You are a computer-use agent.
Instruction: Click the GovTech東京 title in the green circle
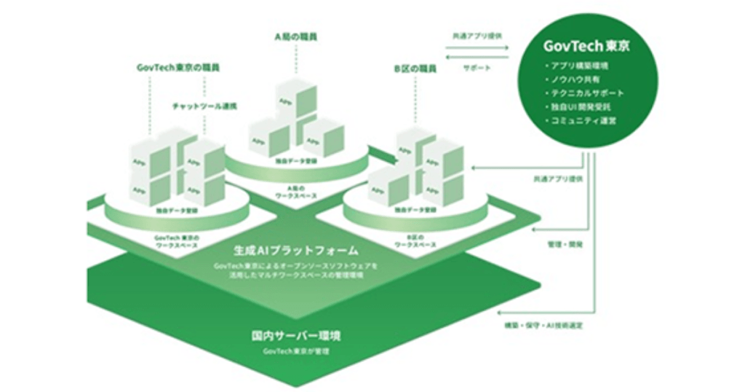pos(586,46)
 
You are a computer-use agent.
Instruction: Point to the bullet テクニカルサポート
pos(586,93)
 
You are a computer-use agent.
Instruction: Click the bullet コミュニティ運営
pos(583,120)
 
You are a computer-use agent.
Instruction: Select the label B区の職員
pos(415,69)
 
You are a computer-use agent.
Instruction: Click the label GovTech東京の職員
pos(178,67)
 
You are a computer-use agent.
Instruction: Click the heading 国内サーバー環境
pos(296,337)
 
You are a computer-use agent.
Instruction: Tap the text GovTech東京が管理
pos(296,353)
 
